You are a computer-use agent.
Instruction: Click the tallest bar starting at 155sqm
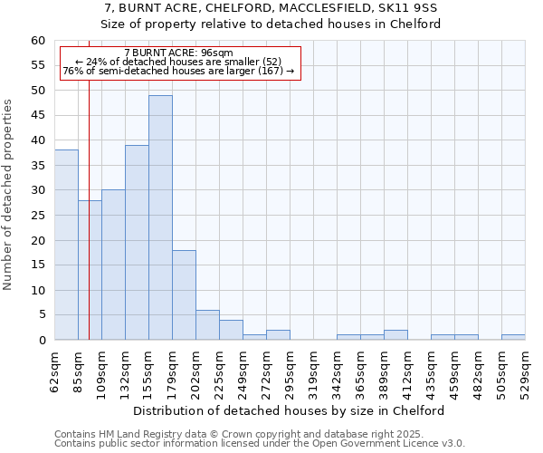coord(160,217)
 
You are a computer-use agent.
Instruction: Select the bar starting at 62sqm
coord(66,245)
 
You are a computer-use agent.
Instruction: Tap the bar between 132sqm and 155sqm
coord(137,242)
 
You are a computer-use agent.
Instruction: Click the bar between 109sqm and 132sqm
coord(113,265)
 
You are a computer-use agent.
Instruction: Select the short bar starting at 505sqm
coord(513,337)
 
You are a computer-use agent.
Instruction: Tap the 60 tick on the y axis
coord(38,41)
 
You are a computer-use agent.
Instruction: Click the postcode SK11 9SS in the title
coord(412,8)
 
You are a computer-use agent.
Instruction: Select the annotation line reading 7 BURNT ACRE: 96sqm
coord(178,53)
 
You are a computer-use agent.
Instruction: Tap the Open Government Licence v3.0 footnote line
coord(259,444)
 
